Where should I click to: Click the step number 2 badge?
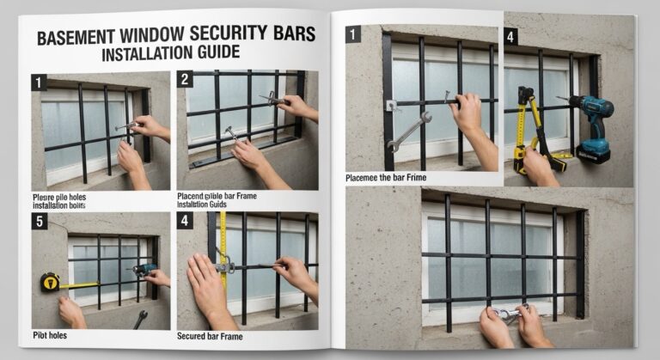(184, 79)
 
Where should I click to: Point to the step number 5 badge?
(39, 221)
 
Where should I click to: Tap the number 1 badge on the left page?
(39, 82)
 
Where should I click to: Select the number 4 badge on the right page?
(510, 36)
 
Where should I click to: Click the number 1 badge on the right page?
(352, 34)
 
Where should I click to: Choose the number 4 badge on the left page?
(184, 221)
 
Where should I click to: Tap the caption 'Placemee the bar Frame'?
(386, 178)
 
